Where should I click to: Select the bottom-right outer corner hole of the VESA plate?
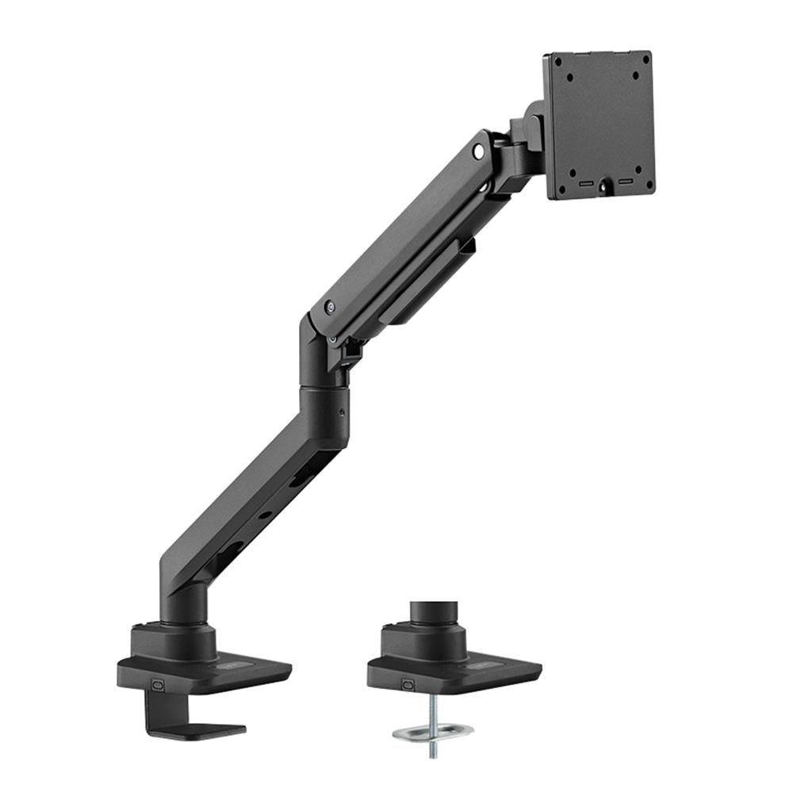click(x=649, y=189)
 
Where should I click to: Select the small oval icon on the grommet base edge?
click(x=408, y=684)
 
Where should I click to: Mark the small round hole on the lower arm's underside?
click(x=265, y=515)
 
